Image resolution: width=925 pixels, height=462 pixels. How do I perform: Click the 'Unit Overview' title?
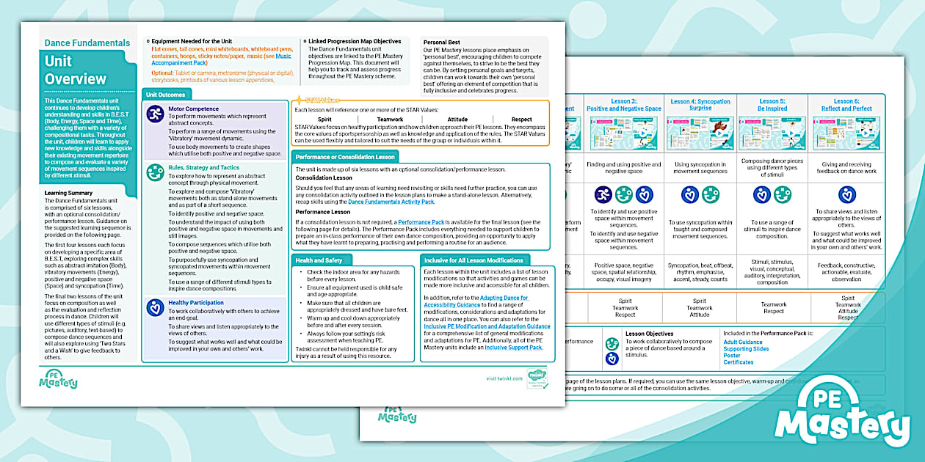tap(76, 70)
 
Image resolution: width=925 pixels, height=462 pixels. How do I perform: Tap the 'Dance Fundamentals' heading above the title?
tap(87, 43)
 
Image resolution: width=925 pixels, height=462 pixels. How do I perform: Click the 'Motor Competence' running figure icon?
tap(155, 114)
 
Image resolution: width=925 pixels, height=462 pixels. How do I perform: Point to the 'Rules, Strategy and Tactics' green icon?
tap(155, 172)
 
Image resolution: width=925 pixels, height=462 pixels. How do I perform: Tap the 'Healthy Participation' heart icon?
tap(155, 307)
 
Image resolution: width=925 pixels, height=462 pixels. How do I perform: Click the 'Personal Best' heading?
tap(441, 43)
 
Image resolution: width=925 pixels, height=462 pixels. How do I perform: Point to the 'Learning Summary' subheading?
tap(69, 194)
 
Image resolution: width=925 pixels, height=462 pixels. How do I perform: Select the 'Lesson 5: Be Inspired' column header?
tap(773, 105)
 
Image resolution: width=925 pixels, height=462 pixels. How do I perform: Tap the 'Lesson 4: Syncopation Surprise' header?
tap(700, 105)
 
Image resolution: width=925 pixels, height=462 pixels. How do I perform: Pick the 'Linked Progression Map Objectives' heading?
tap(355, 42)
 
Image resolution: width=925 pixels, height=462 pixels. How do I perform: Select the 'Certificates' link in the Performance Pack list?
tap(738, 362)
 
